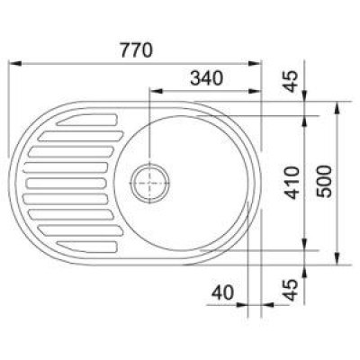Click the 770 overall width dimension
point(137,50)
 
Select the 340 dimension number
point(207,78)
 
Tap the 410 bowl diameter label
point(292,183)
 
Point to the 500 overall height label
point(325,181)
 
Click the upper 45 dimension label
point(290,80)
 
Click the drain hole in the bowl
point(149,183)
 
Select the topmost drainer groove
point(87,120)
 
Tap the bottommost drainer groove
point(87,247)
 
